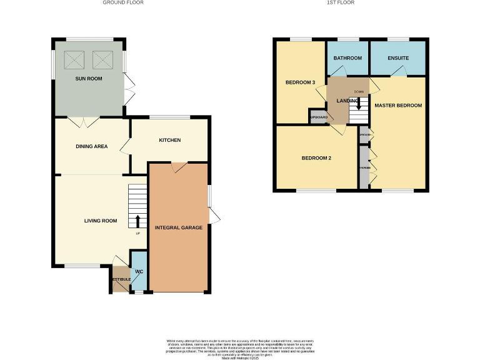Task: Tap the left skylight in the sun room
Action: (74, 60)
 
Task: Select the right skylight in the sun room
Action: (102, 60)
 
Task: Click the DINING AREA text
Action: (92, 147)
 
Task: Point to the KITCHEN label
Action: (169, 140)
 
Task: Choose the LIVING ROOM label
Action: (101, 221)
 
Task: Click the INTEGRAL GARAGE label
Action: (178, 227)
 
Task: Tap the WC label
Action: (139, 272)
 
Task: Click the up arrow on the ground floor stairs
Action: (137, 221)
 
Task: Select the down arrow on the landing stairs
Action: (358, 102)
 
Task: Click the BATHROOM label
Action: (347, 58)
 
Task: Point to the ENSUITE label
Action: (397, 58)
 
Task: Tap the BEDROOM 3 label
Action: (301, 82)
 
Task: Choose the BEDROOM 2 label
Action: (316, 158)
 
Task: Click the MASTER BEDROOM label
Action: (398, 106)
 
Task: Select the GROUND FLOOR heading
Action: (123, 3)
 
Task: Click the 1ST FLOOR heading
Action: (341, 3)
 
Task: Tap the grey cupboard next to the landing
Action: (318, 117)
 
